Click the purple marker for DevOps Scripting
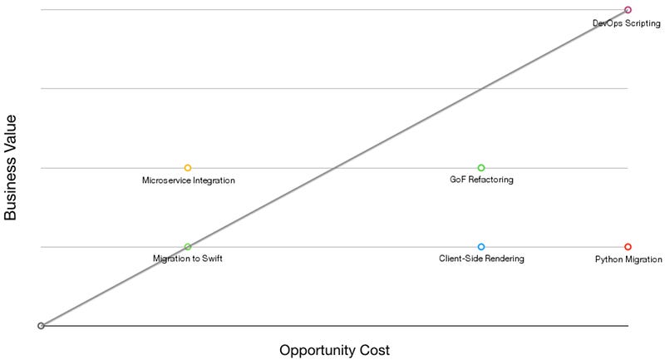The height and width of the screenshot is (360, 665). click(628, 10)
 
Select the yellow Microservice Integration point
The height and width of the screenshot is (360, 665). click(188, 168)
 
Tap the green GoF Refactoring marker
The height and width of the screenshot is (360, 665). click(481, 168)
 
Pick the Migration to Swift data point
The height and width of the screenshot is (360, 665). click(188, 247)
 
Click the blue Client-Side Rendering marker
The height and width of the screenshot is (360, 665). click(481, 247)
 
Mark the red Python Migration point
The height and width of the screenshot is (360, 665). click(628, 247)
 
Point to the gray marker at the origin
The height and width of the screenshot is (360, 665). click(41, 326)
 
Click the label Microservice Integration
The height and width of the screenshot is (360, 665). click(189, 180)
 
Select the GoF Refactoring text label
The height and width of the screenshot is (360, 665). click(481, 180)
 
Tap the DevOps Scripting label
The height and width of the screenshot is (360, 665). click(627, 24)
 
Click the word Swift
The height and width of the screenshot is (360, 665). click(210, 259)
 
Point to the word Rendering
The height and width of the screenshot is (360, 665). click(505, 259)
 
